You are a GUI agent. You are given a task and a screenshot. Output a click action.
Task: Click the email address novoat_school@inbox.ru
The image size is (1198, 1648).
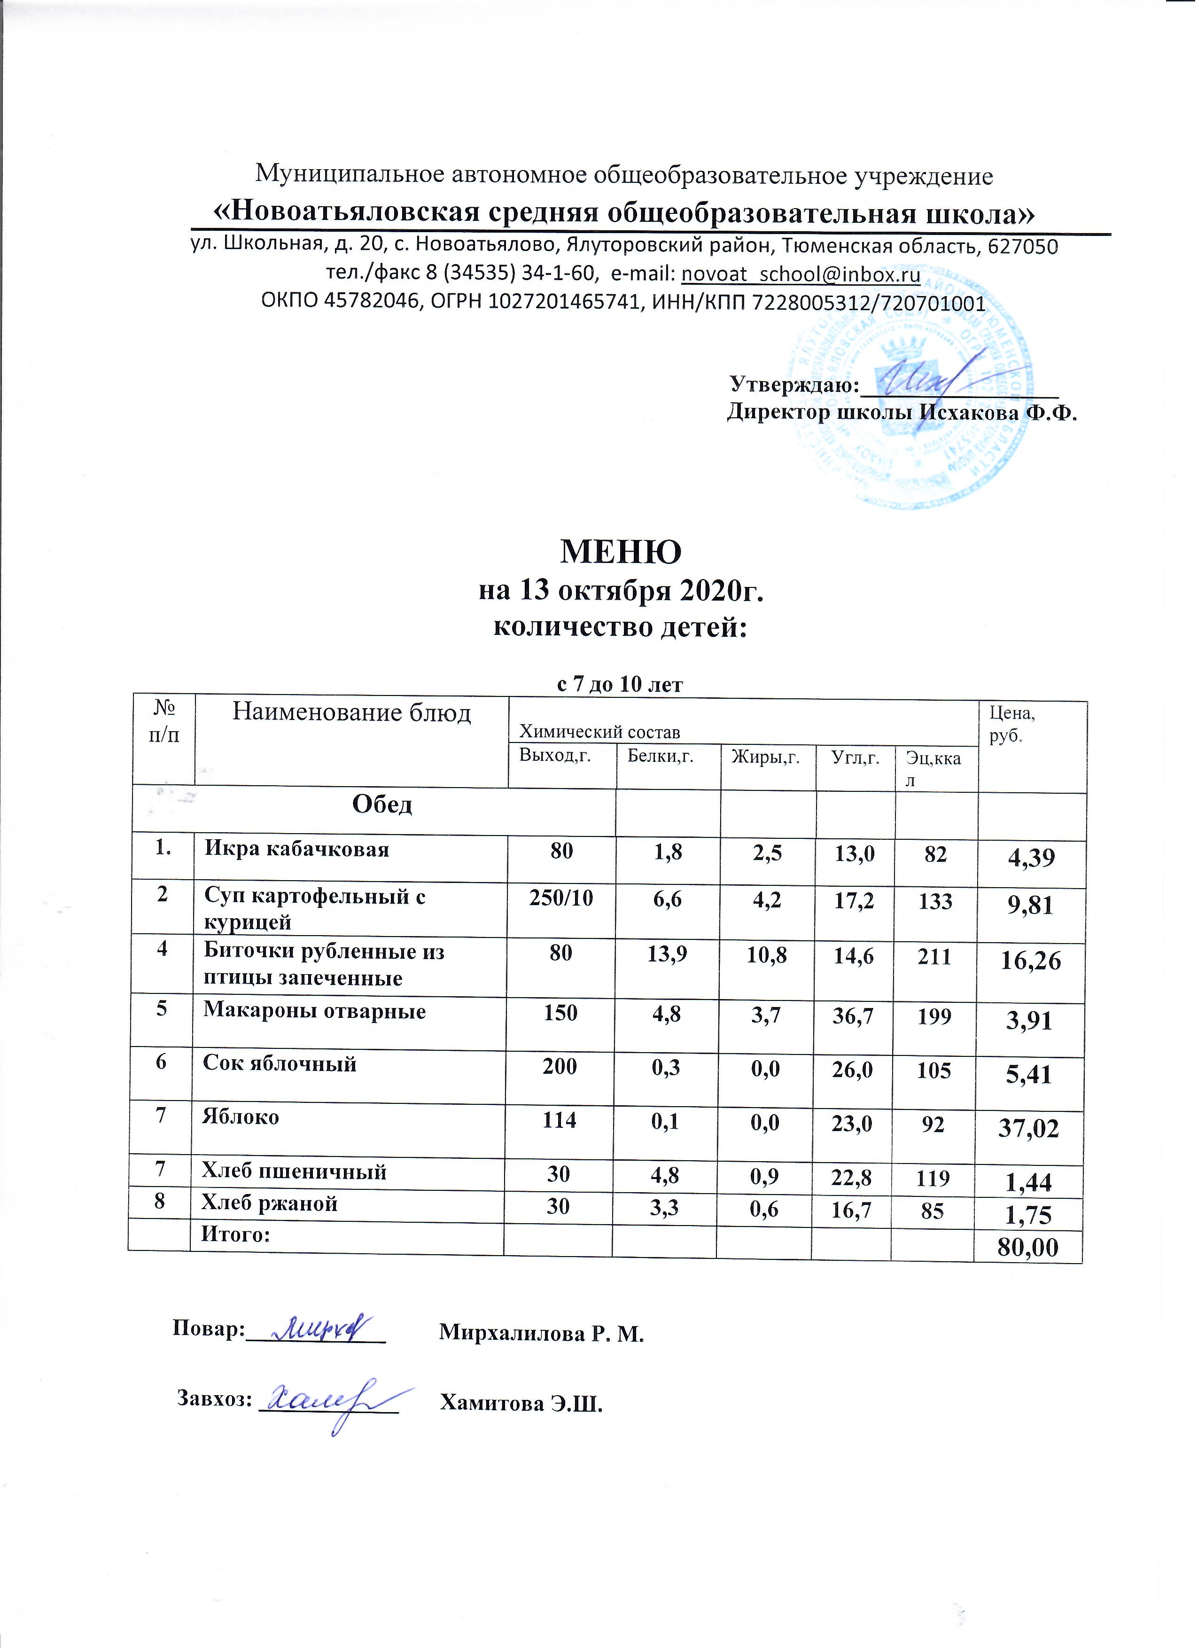click(x=801, y=274)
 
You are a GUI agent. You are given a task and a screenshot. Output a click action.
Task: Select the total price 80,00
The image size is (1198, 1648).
click(x=1027, y=1249)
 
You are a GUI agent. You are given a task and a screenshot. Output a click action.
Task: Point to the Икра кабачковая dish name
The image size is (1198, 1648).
click(x=296, y=850)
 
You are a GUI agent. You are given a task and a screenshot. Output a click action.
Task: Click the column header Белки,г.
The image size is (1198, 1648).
click(x=660, y=757)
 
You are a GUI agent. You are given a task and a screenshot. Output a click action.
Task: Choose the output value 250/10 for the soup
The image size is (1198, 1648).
click(x=561, y=899)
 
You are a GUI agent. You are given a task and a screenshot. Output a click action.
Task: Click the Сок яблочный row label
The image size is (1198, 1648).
click(x=280, y=1064)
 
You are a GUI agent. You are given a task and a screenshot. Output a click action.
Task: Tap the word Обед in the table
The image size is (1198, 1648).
click(x=382, y=804)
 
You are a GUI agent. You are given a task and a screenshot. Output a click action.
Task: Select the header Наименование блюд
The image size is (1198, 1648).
click(x=351, y=713)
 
